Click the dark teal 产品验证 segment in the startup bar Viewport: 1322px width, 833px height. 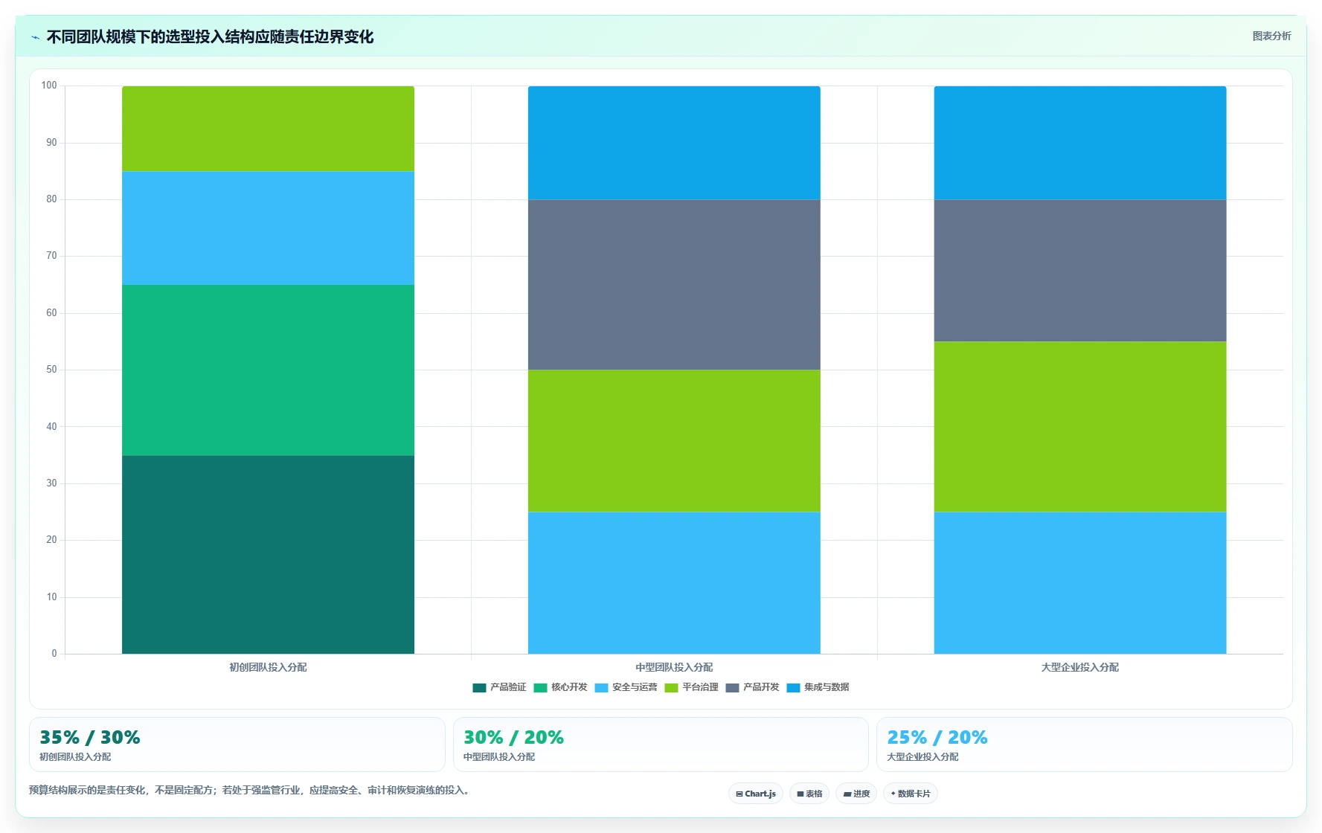tap(268, 554)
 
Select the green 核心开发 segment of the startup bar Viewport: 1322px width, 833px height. tap(268, 370)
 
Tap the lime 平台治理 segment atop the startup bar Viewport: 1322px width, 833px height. tap(268, 129)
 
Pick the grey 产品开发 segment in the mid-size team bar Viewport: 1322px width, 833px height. tap(674, 285)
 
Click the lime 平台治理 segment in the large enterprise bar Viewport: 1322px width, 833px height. tap(1080, 426)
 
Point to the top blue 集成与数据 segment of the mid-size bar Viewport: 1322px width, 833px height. tap(674, 143)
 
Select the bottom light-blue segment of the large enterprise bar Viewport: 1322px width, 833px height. tap(1080, 583)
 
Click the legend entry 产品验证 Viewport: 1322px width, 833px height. tap(499, 687)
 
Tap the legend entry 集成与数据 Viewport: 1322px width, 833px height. tap(818, 687)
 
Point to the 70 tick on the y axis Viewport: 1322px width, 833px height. tap(51, 256)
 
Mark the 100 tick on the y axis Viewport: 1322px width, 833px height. tap(49, 86)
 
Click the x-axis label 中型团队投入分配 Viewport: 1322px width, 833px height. tap(674, 667)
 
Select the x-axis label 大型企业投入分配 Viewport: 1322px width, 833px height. tap(1080, 667)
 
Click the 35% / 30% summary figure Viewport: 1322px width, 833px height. tap(90, 737)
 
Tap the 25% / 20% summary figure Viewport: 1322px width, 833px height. tap(937, 737)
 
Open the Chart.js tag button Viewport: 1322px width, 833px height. tap(756, 794)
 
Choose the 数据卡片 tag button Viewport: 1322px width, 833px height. tap(911, 794)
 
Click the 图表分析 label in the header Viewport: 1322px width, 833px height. tap(1271, 36)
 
